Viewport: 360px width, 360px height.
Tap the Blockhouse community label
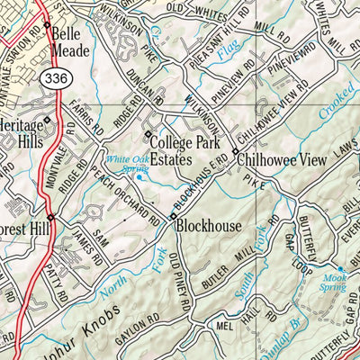coord(208,225)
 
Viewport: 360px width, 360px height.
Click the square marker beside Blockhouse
coord(173,217)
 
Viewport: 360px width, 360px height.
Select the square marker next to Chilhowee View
coord(234,151)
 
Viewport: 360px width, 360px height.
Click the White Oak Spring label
coord(126,165)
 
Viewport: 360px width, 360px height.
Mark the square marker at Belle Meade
coord(46,25)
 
